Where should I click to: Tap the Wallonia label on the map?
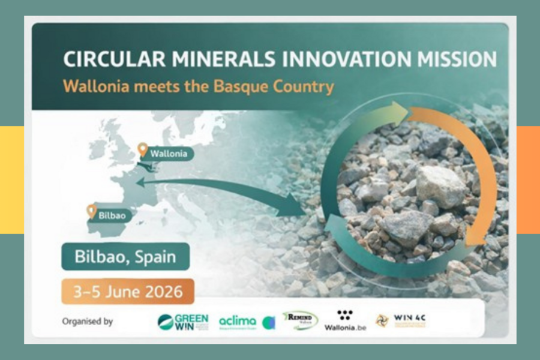point(169,154)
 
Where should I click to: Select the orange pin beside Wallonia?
point(142,149)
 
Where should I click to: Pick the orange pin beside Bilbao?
point(91,211)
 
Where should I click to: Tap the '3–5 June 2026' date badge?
point(127,292)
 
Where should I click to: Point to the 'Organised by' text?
point(88,322)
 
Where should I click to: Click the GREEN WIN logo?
point(183,322)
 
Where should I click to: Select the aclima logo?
point(238,322)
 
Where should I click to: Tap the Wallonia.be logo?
point(344,322)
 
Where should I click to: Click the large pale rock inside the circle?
point(441,186)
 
